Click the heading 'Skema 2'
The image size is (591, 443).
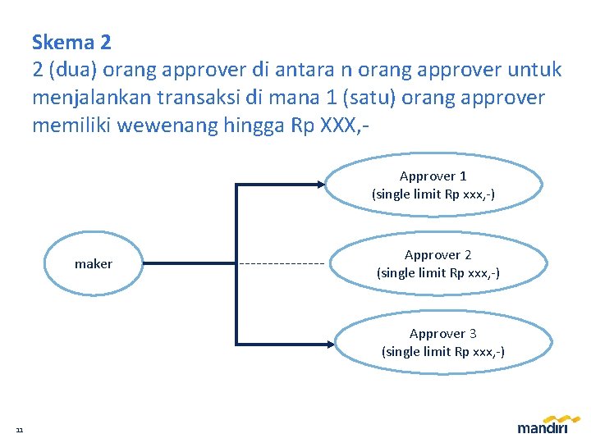(x=71, y=42)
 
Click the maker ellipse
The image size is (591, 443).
(x=94, y=263)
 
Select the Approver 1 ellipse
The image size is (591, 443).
(x=433, y=185)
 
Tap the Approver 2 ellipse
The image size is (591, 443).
(x=438, y=263)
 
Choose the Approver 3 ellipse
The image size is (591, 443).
(x=442, y=342)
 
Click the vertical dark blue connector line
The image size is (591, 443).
(x=237, y=263)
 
